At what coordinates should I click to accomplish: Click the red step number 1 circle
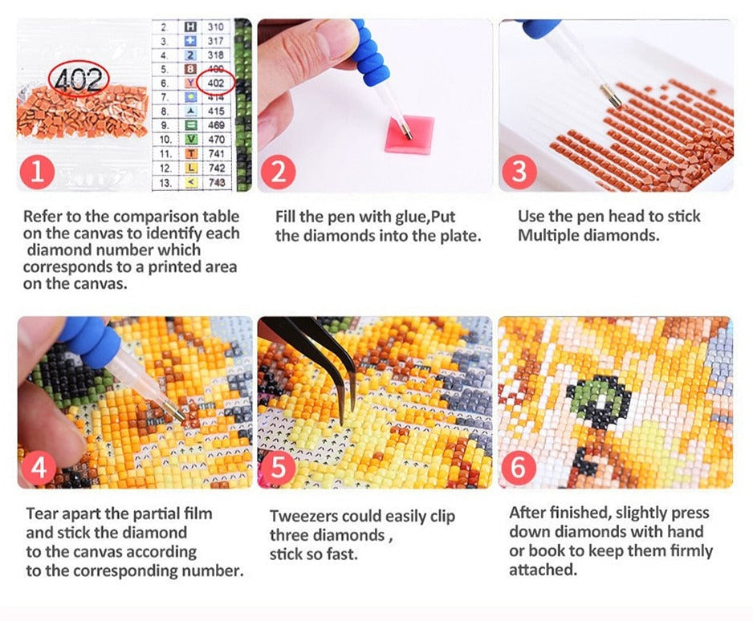pos(38,172)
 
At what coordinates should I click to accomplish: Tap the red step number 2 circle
pos(279,172)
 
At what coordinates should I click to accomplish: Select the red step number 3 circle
pos(519,172)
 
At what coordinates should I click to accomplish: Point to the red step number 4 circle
pos(39,468)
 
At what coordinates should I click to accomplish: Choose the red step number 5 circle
pos(279,468)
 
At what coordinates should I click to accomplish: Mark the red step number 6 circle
pos(519,468)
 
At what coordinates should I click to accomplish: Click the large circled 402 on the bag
pos(79,79)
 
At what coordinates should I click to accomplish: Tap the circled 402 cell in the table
pos(216,83)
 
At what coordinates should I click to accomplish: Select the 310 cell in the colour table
pos(216,26)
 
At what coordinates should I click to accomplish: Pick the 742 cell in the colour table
pos(217,168)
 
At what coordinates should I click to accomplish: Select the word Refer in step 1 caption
pos(42,217)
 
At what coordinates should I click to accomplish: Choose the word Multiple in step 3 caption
pos(546,236)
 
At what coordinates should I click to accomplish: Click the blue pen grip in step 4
pos(90,337)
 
